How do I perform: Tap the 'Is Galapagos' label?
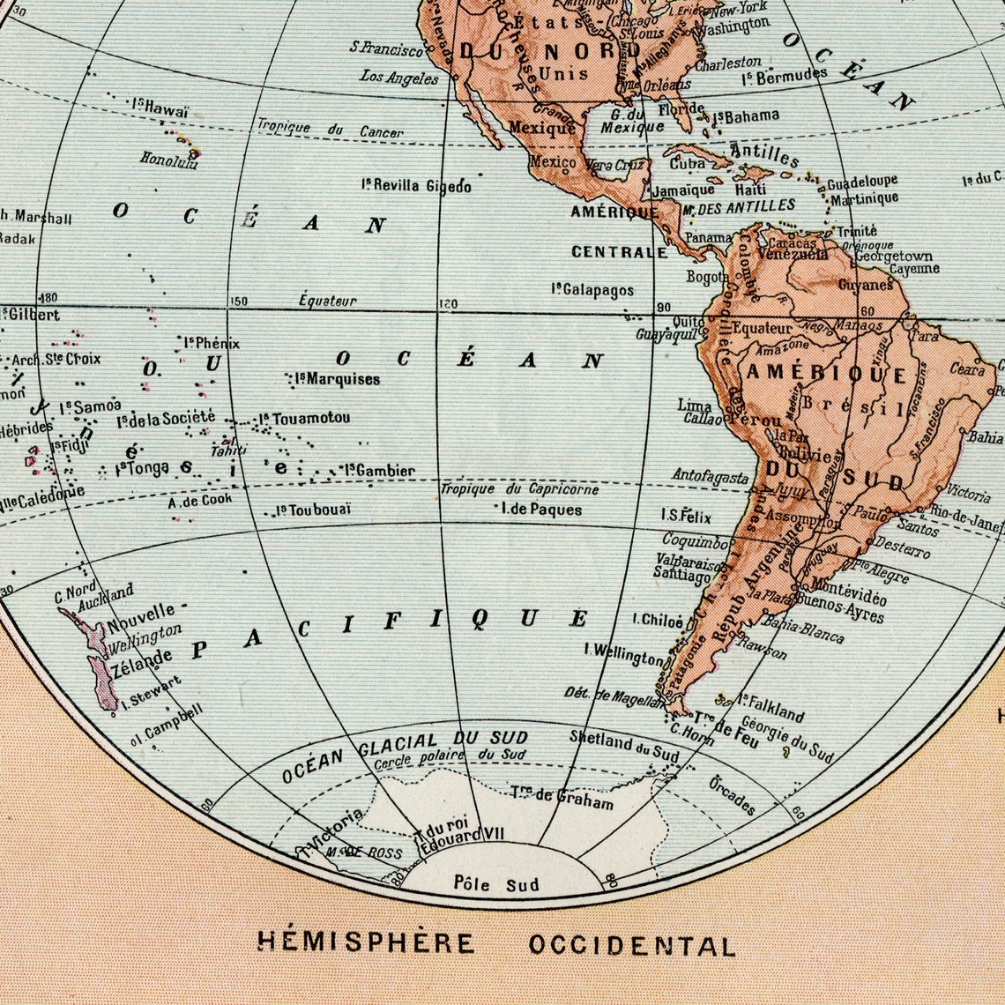(592, 289)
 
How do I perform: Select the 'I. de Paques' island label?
(540, 509)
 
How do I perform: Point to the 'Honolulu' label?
(169, 160)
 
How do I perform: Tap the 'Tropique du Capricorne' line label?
(519, 489)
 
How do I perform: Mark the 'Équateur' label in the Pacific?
(327, 301)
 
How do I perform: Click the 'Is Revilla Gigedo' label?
(416, 185)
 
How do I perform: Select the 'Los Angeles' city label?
(398, 78)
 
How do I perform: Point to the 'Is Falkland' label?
(771, 707)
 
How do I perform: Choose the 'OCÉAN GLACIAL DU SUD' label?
(405, 756)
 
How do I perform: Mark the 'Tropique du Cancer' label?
(330, 130)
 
